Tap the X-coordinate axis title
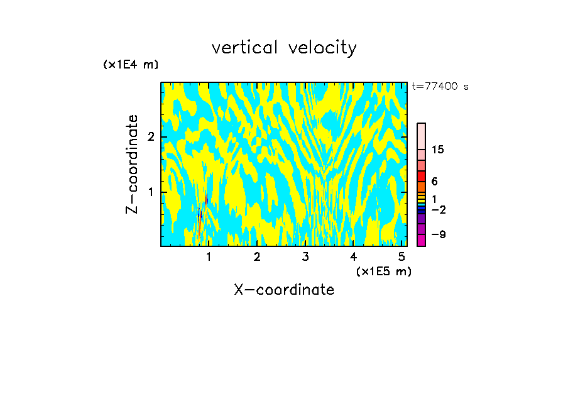click(x=284, y=290)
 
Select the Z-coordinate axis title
click(x=133, y=164)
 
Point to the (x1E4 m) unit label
click(x=131, y=65)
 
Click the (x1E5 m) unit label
click(x=383, y=271)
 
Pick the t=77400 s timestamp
click(x=440, y=87)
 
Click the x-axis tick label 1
click(x=209, y=257)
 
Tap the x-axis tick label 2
click(x=257, y=257)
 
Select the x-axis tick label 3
click(x=305, y=257)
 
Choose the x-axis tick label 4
click(x=353, y=257)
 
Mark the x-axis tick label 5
click(x=401, y=257)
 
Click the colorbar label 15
click(x=438, y=150)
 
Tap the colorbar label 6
click(x=435, y=182)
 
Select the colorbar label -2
click(x=438, y=209)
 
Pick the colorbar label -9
click(x=438, y=234)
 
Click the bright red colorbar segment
click(x=422, y=177)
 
